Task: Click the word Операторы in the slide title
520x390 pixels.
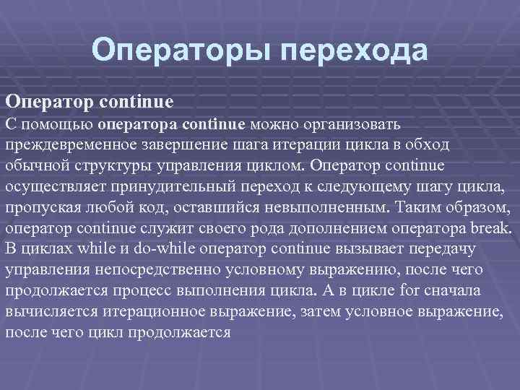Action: point(181,51)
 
